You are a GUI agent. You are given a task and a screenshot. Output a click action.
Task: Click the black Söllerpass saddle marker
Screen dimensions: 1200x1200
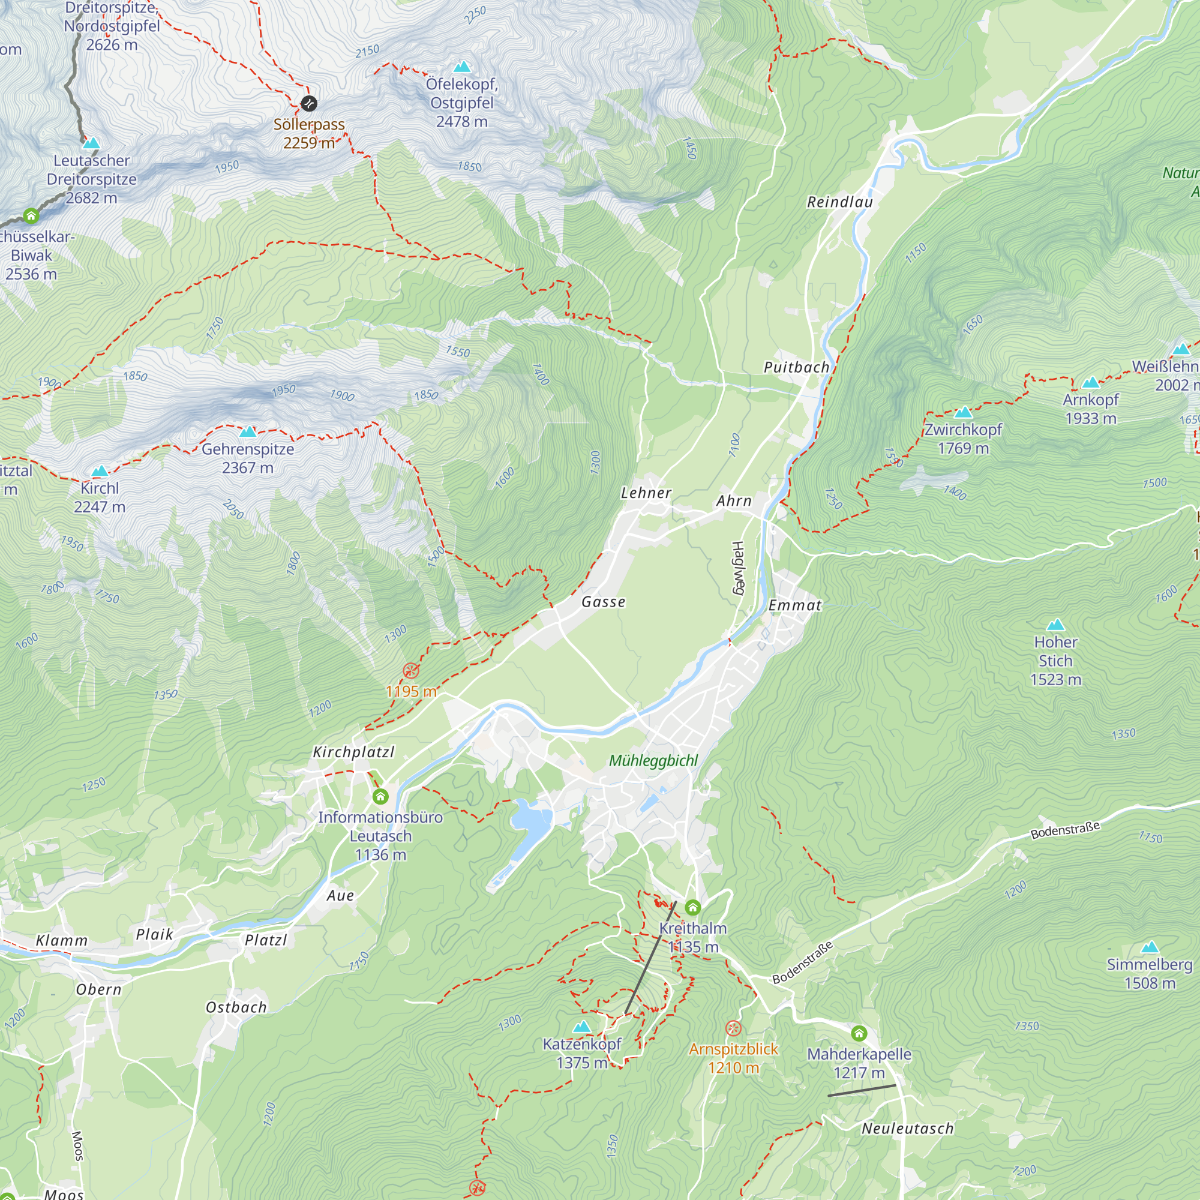pos(308,103)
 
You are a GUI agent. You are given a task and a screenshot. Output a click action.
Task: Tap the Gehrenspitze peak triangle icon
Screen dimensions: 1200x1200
pos(248,431)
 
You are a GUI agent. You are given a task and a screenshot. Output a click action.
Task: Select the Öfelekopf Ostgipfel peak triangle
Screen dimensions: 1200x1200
pos(461,67)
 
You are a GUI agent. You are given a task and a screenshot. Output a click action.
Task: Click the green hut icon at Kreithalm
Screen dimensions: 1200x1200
pos(692,908)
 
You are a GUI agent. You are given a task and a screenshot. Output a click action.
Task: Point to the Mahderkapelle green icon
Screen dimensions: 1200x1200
pos(859,1034)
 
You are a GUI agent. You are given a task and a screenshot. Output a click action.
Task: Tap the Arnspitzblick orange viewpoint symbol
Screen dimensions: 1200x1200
pos(734,1028)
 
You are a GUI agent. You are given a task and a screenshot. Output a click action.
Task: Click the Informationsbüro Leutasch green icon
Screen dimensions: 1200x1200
pos(380,796)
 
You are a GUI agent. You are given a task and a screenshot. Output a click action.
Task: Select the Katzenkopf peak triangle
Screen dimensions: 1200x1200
pos(581,1027)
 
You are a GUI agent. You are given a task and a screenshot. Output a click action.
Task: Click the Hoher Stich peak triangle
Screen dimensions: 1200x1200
pos(1055,625)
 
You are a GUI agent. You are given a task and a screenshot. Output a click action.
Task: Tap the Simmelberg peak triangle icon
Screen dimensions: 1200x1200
pos(1150,948)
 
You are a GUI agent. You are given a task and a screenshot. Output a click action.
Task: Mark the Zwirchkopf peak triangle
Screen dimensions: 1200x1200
pos(964,412)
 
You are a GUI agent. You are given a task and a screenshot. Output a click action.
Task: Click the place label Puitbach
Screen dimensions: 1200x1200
pos(796,367)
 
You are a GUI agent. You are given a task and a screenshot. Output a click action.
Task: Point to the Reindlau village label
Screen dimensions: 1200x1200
pos(840,202)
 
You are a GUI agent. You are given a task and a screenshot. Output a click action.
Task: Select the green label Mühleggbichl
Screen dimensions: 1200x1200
pos(653,760)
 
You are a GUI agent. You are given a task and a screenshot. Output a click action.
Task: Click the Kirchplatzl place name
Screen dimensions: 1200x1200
pos(353,752)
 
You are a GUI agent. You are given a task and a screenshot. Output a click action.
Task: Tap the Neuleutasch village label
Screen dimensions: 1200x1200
pos(907,1129)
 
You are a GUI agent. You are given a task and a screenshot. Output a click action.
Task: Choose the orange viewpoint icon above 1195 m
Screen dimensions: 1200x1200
pos(410,670)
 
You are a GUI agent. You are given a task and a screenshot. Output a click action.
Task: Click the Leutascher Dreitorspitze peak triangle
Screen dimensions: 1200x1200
pos(91,143)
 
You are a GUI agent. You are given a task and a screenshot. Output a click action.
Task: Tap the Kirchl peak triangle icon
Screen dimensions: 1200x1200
pos(100,471)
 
